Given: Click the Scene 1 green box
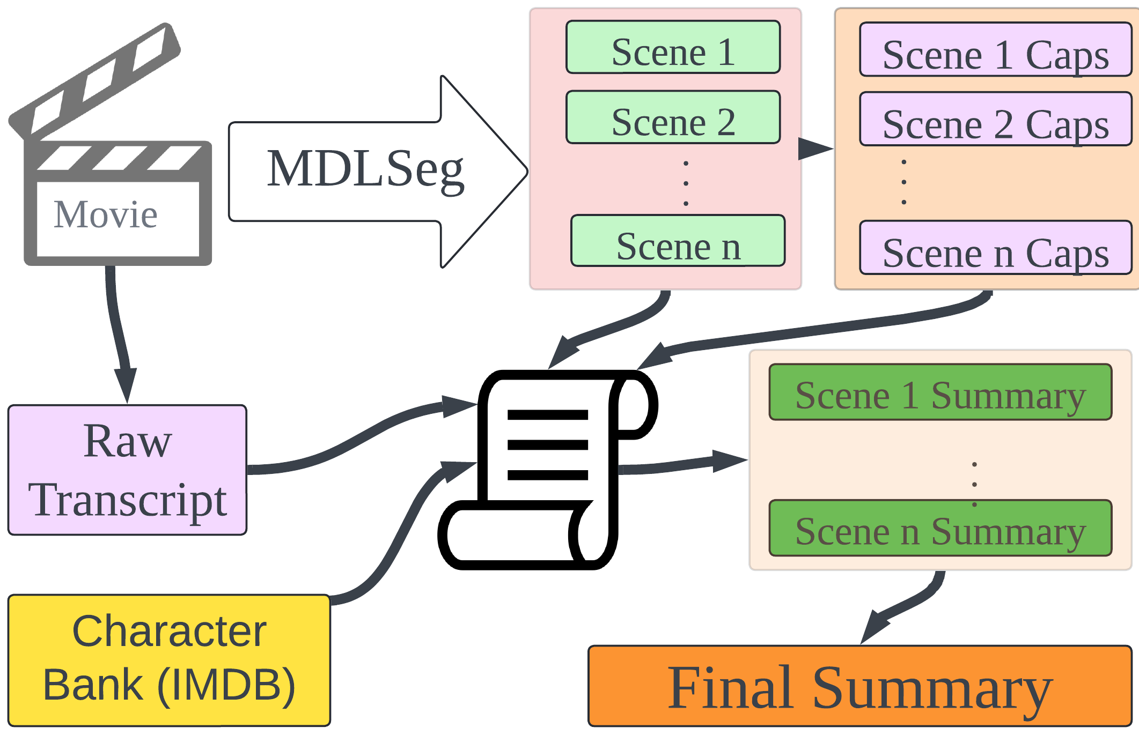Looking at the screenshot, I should [x=673, y=47].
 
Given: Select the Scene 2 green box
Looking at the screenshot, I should [x=673, y=117].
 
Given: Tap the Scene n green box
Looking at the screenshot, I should [x=678, y=241].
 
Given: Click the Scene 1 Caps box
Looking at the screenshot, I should [x=995, y=49].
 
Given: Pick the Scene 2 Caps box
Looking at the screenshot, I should [x=995, y=119].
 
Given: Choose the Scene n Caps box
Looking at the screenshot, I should [x=995, y=248].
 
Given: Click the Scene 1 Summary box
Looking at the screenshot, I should [x=940, y=392].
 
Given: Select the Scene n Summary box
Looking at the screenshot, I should [x=940, y=528].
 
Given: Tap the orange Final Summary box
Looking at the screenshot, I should [x=859, y=686].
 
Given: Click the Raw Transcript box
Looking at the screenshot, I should [x=127, y=470].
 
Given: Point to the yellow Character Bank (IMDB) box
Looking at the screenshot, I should [x=169, y=660].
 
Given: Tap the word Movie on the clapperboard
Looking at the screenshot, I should [x=106, y=215].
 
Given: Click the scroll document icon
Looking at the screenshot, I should [x=547, y=469].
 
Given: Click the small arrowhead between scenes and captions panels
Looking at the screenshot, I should [x=814, y=149].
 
